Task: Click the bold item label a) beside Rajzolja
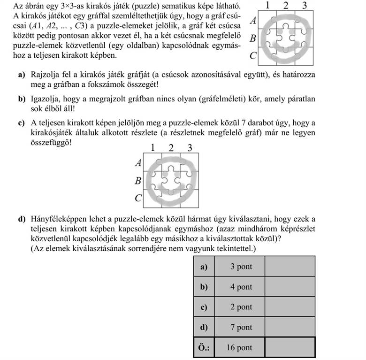pos(21,75)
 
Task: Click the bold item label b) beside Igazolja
pos(22,99)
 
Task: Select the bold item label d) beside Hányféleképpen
pos(22,219)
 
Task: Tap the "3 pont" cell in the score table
pos(241,267)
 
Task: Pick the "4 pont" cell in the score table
pos(241,287)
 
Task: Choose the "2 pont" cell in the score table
pos(241,307)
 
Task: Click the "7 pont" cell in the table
pos(241,328)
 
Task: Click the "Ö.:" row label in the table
pos(204,348)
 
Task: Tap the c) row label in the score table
pos(204,307)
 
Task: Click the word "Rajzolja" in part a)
pos(45,75)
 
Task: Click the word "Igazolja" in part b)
pos(45,99)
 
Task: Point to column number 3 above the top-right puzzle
pos(305,6)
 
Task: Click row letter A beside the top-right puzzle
pos(253,21)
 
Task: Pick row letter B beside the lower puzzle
pos(138,180)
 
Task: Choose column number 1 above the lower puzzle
pos(153,148)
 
